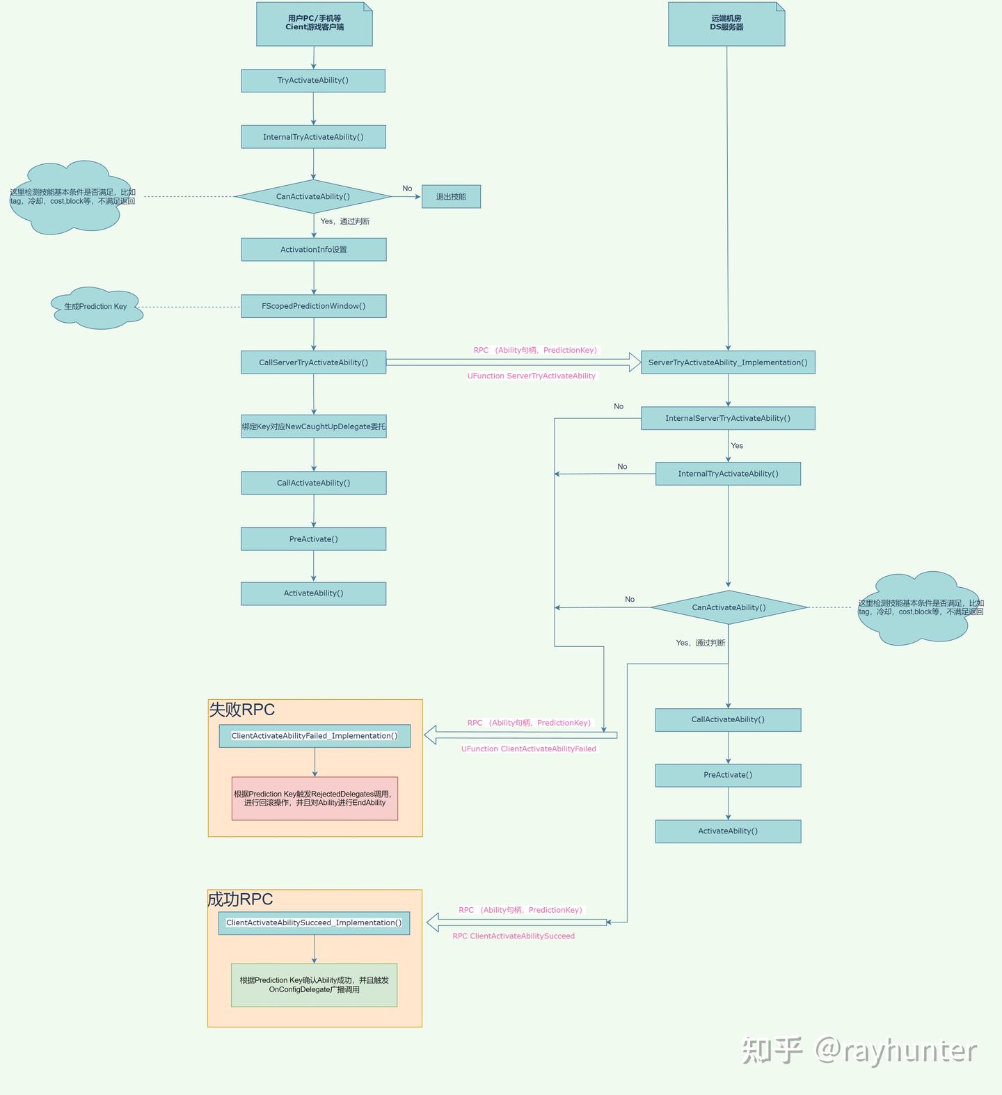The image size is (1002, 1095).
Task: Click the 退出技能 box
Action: click(451, 197)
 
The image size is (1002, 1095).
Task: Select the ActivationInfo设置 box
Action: click(314, 250)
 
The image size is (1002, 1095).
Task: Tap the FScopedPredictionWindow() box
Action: click(314, 306)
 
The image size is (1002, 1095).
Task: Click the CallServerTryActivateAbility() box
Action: click(314, 362)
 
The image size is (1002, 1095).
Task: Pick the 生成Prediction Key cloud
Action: click(96, 307)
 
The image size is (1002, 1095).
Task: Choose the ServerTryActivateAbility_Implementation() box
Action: click(728, 362)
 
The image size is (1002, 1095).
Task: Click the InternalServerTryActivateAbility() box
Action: click(728, 418)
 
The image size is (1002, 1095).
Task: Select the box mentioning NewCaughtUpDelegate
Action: click(314, 426)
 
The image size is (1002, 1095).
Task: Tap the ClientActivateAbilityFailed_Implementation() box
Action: click(315, 736)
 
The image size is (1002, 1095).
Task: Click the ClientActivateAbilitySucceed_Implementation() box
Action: click(314, 923)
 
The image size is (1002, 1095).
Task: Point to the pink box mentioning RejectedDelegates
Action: click(315, 799)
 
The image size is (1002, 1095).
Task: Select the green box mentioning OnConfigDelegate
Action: click(314, 985)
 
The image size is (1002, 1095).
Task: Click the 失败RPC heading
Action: click(242, 710)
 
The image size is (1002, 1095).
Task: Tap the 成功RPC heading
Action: click(240, 900)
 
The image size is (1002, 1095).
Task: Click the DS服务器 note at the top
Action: click(726, 24)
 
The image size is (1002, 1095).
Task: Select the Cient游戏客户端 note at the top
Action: click(315, 24)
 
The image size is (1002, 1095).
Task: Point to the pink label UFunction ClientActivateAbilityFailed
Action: click(529, 749)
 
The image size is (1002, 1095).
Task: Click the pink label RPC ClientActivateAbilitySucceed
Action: click(514, 936)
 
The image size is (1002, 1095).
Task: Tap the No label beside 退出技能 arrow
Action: click(407, 189)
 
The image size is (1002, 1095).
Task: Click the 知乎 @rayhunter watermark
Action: click(859, 1050)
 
